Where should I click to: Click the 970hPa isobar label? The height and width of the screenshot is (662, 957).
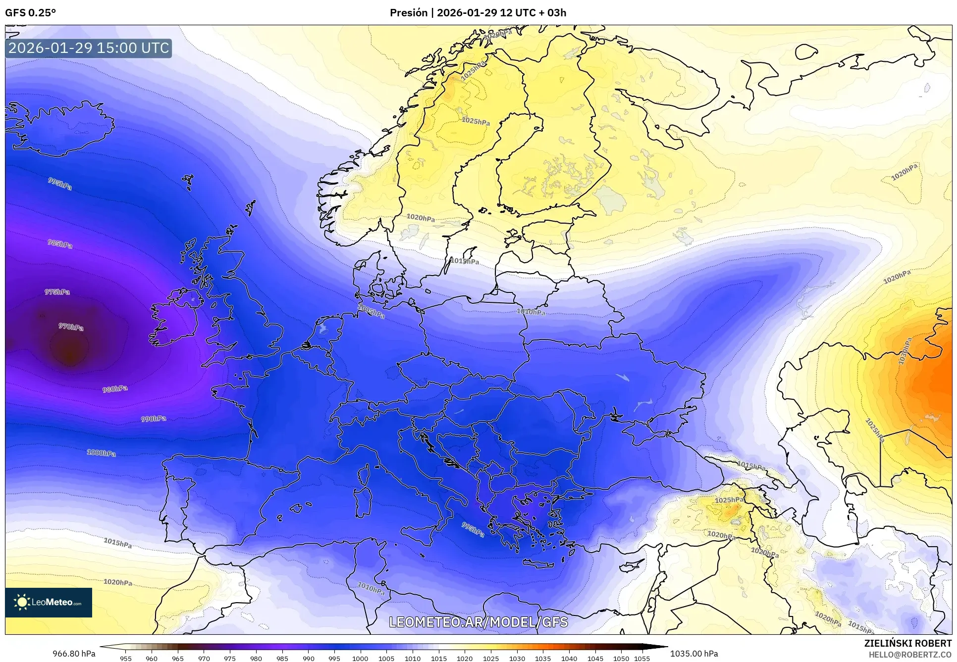[71, 327]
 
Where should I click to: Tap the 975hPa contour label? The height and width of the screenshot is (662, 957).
[57, 292]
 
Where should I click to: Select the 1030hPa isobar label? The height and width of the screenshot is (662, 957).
[905, 351]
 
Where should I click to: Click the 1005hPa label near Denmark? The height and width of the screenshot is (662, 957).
[371, 311]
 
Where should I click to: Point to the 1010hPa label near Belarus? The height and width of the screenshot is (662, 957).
[531, 312]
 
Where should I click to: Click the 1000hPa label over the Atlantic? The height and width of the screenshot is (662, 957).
[101, 453]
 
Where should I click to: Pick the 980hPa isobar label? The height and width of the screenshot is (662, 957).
[115, 389]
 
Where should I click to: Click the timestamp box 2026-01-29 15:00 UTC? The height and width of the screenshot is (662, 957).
[89, 48]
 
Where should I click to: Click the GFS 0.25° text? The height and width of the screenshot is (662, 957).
[30, 13]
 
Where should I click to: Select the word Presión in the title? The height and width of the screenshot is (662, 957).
[408, 13]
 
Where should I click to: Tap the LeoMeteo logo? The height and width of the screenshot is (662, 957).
[49, 602]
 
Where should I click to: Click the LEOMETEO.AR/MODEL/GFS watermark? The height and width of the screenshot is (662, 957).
[478, 622]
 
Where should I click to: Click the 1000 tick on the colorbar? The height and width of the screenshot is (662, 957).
[360, 658]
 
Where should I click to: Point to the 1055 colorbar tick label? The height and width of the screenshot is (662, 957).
[641, 658]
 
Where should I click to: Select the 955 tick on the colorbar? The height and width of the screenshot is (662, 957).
[126, 658]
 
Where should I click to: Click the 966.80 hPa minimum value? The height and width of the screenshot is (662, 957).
[74, 654]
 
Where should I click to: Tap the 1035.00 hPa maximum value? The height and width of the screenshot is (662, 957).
[693, 654]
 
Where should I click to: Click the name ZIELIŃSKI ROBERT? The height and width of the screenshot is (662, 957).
[907, 644]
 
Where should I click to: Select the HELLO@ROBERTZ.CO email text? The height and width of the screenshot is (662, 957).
[910, 655]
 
